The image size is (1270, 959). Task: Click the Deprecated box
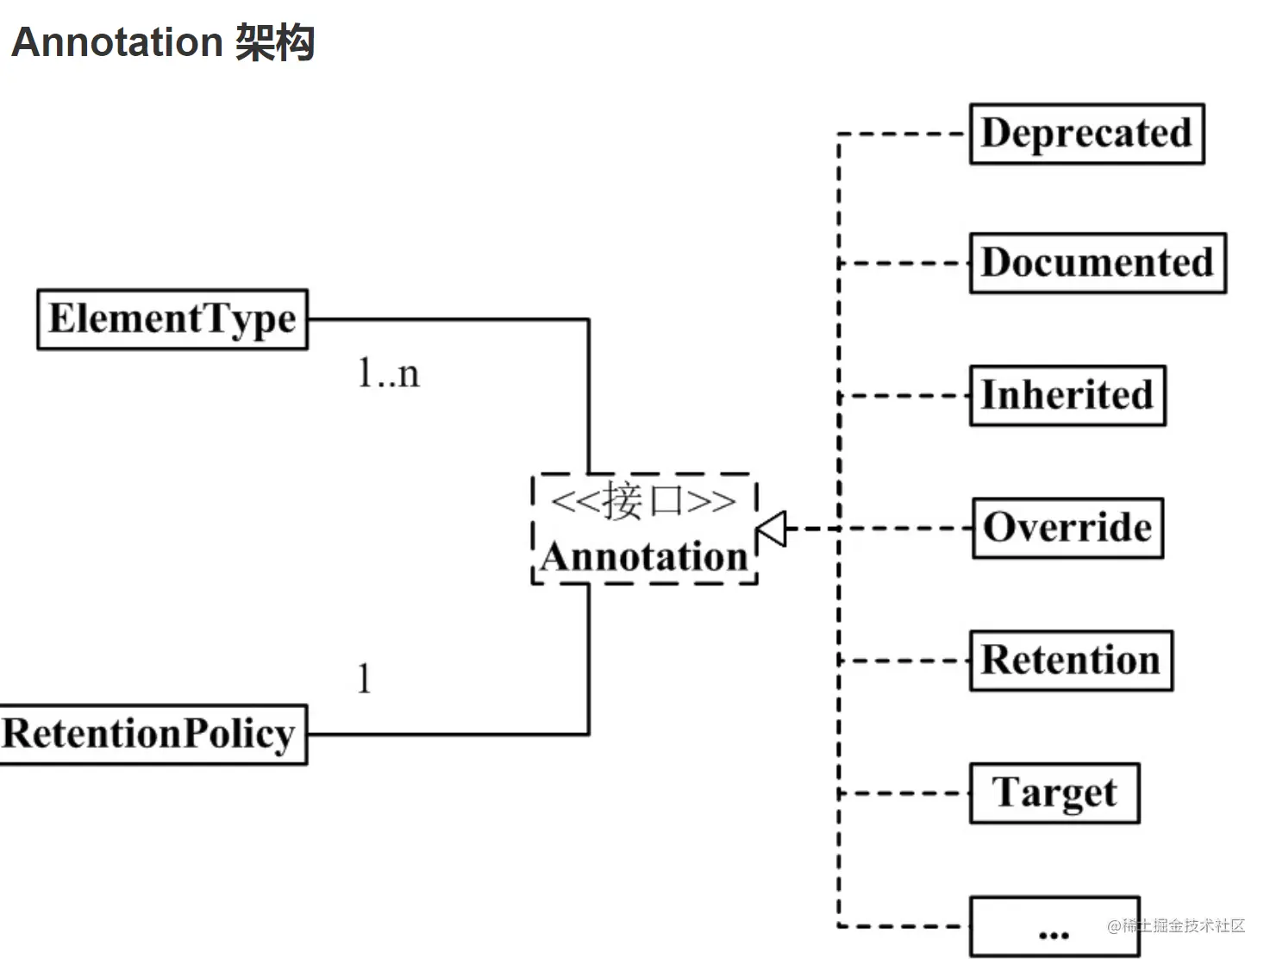[1086, 134]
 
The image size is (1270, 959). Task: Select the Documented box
[1097, 263]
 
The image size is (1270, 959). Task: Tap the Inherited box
[1067, 395]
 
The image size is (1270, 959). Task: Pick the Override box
[1067, 528]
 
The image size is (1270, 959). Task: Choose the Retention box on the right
[1070, 661]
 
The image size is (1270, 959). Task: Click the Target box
[1054, 793]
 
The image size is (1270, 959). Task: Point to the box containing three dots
[1054, 926]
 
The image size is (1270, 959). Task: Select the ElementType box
[172, 319]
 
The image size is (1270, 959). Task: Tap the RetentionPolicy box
[153, 735]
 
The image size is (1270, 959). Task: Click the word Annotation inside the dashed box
[644, 557]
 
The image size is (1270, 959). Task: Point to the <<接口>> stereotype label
[643, 501]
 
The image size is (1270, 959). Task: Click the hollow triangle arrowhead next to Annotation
[772, 529]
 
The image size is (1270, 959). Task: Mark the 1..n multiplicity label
[388, 373]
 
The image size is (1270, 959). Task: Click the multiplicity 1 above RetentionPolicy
[364, 679]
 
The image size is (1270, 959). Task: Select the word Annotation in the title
[117, 42]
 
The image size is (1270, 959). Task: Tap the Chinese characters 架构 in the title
[275, 42]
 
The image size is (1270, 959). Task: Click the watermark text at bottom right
[1176, 925]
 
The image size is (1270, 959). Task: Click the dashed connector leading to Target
[904, 793]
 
